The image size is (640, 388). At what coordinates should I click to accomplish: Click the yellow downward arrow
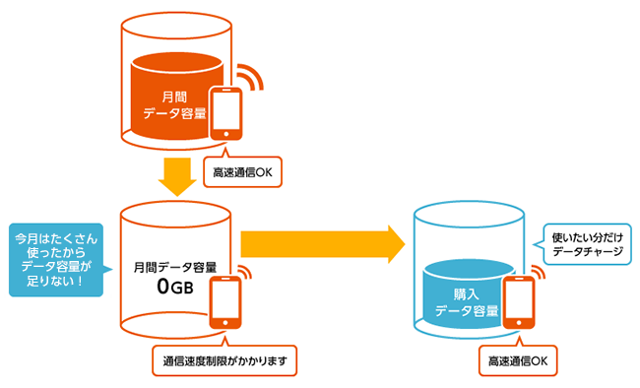point(177,176)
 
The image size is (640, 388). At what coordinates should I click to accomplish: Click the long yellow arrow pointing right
point(322,244)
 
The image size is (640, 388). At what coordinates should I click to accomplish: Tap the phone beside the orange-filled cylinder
point(225,114)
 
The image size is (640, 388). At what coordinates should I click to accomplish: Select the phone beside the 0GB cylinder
point(225,302)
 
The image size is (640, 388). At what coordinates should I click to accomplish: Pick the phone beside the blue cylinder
point(518,302)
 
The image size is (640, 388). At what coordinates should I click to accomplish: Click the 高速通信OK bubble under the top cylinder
point(242,170)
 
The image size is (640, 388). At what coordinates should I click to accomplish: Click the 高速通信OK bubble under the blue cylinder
point(518,359)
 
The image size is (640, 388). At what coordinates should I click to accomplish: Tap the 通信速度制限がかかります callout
point(224,359)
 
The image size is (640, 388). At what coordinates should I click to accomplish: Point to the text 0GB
point(175,287)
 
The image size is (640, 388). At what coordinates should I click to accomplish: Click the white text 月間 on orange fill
point(174,97)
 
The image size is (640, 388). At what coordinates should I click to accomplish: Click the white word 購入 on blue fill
point(466,294)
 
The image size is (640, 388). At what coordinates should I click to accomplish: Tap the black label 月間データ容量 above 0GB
point(175,268)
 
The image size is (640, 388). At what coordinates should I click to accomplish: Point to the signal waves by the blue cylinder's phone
point(539,271)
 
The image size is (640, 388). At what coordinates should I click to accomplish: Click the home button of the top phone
point(225,134)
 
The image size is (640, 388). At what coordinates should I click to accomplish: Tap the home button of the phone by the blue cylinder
point(518,323)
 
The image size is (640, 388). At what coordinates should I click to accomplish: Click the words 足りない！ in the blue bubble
point(55,281)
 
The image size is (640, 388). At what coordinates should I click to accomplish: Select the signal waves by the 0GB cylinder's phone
point(246,271)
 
